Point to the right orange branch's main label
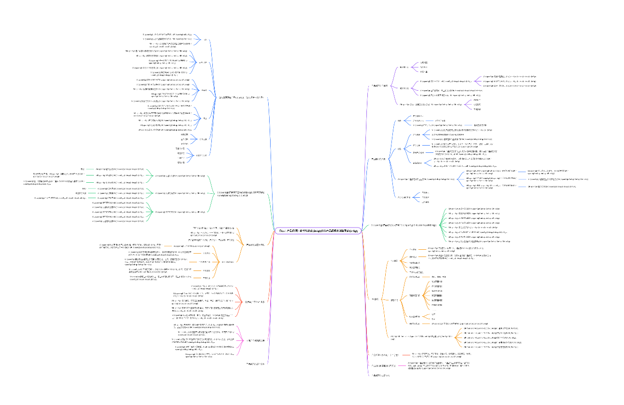tap(375, 299)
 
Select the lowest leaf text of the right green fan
tap(479, 241)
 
